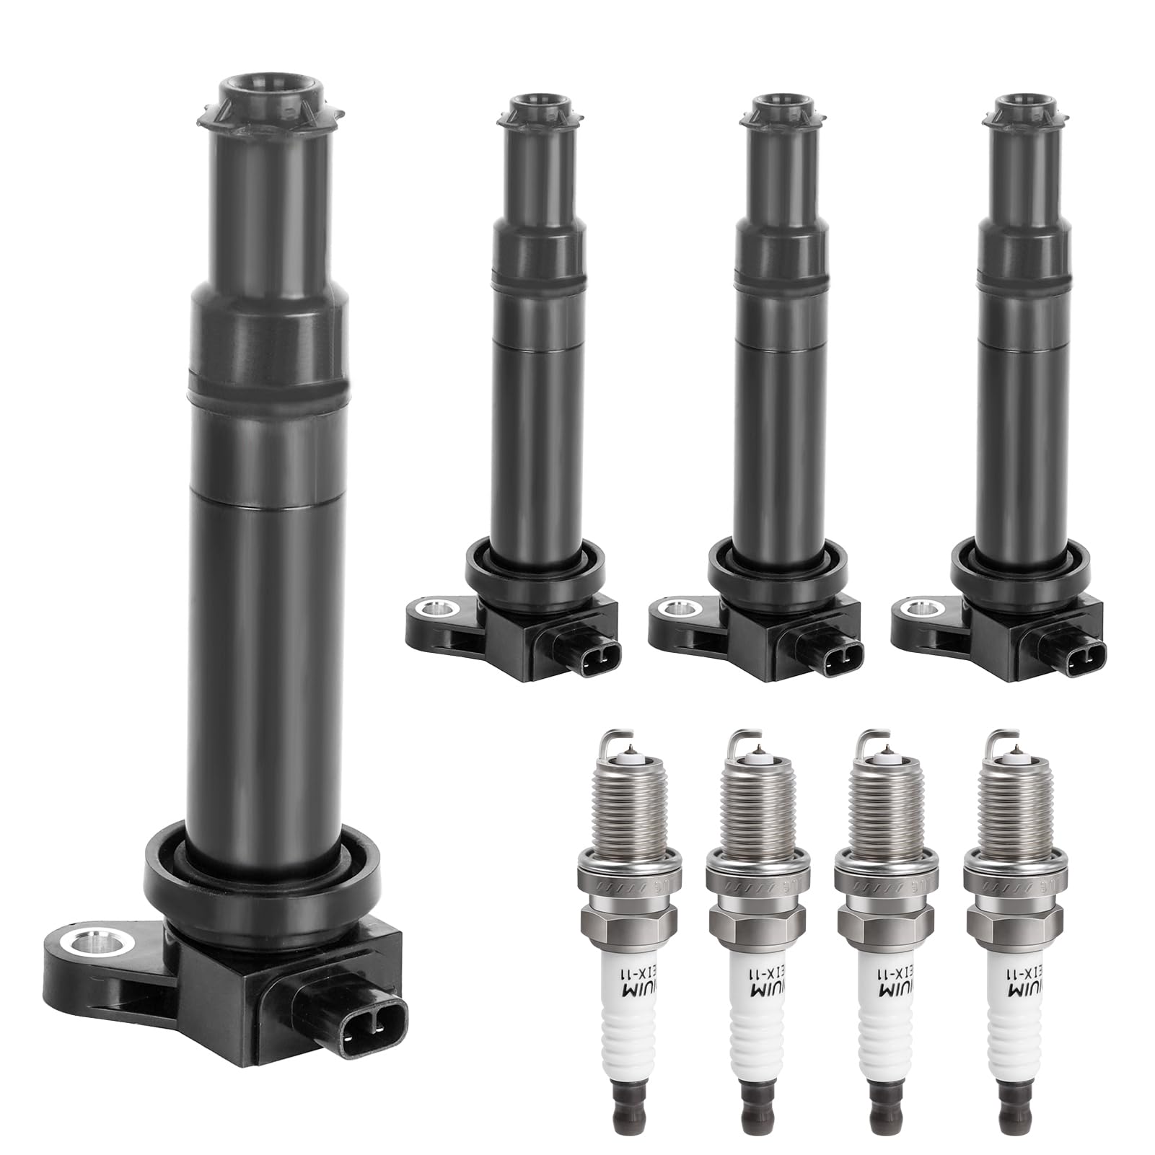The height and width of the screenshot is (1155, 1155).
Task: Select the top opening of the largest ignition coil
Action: (268, 90)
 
